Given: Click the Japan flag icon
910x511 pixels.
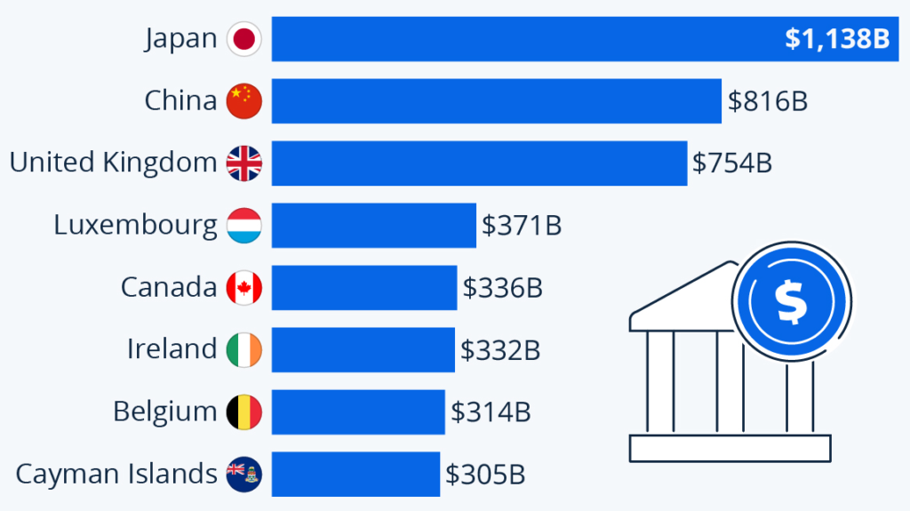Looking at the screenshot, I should tap(243, 39).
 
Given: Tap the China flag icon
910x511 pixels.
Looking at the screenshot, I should tap(243, 101).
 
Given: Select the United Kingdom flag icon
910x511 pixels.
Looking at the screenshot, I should tap(243, 164).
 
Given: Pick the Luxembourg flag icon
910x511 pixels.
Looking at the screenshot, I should tap(243, 226).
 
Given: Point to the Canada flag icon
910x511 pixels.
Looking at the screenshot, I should tap(243, 288).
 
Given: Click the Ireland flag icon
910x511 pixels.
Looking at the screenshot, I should tap(243, 350).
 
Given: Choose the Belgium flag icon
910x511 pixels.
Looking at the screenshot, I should tap(243, 412).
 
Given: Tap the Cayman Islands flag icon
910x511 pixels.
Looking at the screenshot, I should tap(243, 475).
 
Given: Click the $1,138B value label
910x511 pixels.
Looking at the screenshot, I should tap(836, 39).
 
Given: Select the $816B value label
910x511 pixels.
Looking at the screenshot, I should tap(768, 101).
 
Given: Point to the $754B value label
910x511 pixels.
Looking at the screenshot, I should tap(732, 164).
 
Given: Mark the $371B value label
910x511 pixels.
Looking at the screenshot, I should tap(522, 226).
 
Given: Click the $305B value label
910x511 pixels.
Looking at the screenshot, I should tap(485, 475).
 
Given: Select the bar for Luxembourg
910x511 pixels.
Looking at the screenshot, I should tap(373, 226).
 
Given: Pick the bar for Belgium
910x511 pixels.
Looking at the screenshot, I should tap(358, 412).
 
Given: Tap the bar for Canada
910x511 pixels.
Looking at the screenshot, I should tap(364, 288).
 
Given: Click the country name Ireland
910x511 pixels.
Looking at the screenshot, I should tap(172, 349).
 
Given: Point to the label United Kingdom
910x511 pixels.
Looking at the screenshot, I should tap(113, 163).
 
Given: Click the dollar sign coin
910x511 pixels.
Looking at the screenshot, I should tap(790, 302).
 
